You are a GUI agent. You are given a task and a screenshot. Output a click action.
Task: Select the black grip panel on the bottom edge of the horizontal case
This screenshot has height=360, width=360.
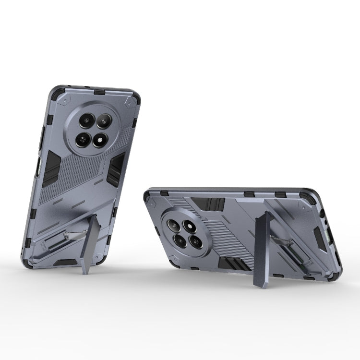[x=232, y=264]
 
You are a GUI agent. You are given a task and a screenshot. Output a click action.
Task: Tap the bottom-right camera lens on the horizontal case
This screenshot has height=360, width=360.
[x=195, y=242]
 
